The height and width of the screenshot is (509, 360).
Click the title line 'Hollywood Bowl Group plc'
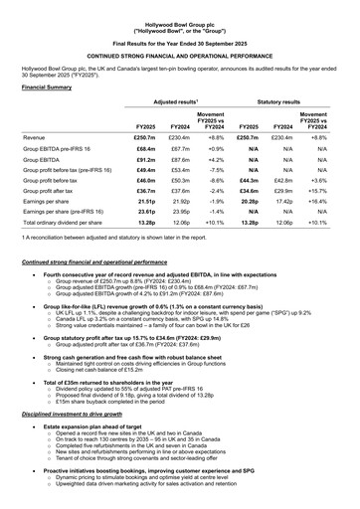(179, 7)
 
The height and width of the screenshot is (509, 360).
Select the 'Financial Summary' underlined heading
(47, 87)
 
